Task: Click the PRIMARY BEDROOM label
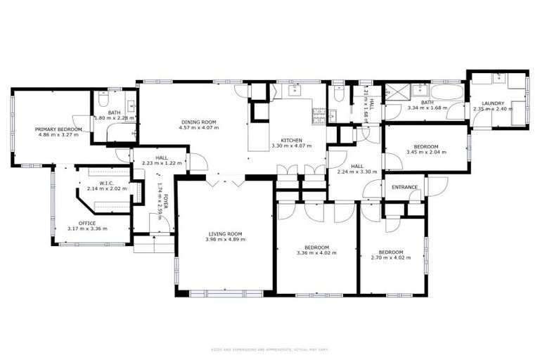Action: click(x=60, y=129)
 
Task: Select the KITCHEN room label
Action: click(x=291, y=140)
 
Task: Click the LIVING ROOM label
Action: click(x=225, y=233)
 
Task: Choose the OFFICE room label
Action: click(x=87, y=223)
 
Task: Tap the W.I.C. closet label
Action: click(x=107, y=183)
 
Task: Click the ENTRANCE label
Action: click(x=404, y=187)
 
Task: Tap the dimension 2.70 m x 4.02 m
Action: click(x=390, y=258)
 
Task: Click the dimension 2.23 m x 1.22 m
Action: click(x=162, y=163)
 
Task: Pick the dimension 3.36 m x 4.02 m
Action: click(x=316, y=253)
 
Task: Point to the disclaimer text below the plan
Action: click(x=270, y=349)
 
